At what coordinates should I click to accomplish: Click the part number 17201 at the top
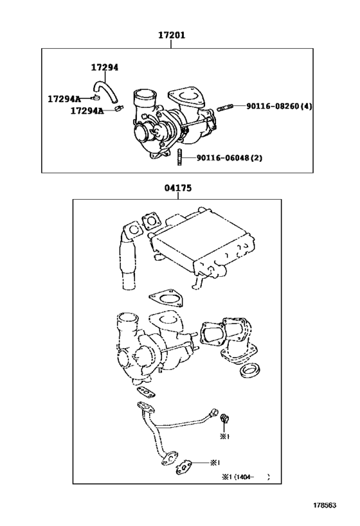tap(172, 36)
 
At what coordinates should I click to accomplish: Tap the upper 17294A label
tap(64, 98)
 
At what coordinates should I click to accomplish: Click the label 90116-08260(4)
tap(279, 106)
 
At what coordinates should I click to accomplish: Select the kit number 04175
tap(177, 188)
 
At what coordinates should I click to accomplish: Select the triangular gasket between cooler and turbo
tap(165, 298)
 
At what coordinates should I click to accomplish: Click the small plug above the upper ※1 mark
tap(224, 419)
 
